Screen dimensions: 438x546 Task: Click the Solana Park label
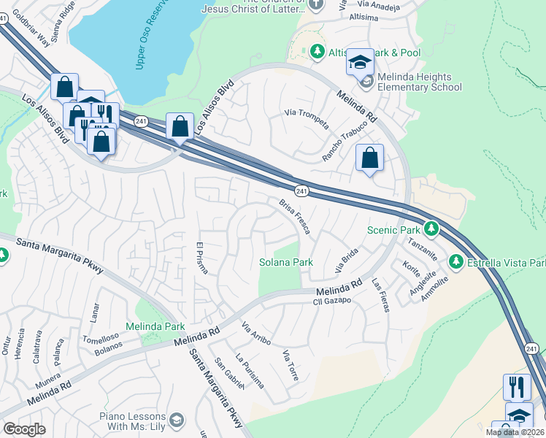point(286,262)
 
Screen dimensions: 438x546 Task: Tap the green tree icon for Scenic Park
point(431,229)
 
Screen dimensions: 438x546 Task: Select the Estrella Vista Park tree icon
point(456,261)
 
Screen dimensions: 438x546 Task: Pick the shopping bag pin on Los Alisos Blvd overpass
point(180,127)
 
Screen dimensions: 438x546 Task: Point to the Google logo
point(25,429)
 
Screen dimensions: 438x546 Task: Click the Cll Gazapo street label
point(332,301)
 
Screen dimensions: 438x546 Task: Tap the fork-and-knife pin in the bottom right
point(518,387)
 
